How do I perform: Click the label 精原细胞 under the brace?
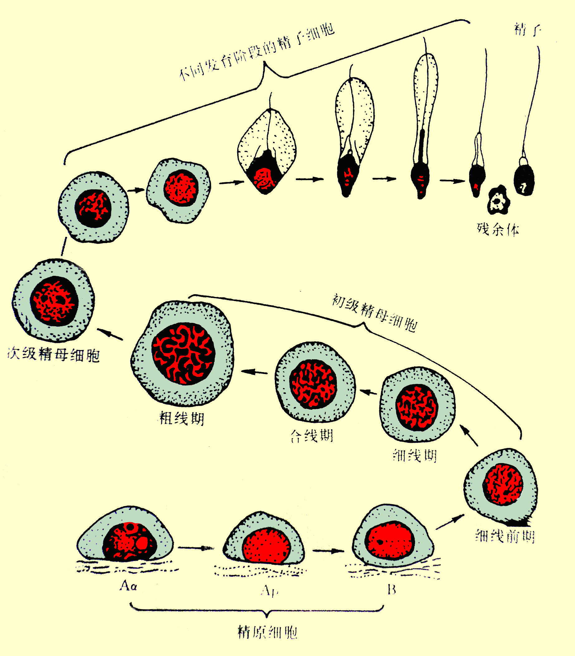point(267,632)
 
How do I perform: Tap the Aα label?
point(128,586)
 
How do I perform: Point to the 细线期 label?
point(415,456)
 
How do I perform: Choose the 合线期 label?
point(312,436)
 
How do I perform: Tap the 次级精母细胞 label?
point(53,355)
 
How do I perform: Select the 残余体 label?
point(498,229)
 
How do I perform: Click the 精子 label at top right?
point(528,30)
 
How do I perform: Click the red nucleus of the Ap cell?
point(266,546)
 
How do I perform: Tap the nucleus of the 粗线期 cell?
point(183,354)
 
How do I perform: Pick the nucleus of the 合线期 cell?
point(313,384)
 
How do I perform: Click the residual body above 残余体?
point(498,200)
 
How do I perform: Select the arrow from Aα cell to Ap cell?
point(196,548)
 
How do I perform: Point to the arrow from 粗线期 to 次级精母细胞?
point(110,334)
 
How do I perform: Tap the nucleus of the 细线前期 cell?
point(503,484)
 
